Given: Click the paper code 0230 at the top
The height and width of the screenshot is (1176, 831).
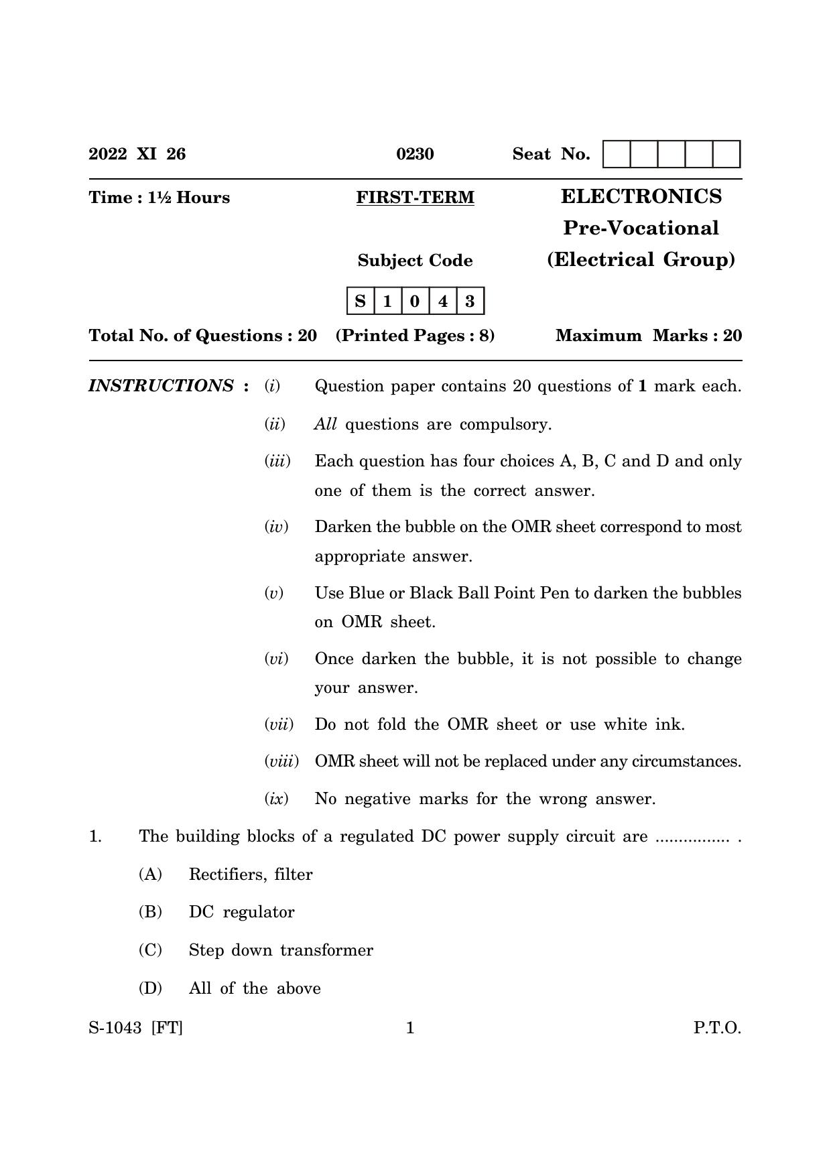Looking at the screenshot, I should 415,154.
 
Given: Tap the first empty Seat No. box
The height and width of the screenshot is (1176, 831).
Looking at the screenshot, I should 617,154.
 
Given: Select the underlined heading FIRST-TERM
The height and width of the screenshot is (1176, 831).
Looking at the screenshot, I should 415,198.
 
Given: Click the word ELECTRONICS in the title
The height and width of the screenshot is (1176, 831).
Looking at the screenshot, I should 641,196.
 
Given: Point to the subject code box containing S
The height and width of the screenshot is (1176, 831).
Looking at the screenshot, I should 361,301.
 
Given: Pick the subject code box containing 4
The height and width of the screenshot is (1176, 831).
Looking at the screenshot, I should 442,301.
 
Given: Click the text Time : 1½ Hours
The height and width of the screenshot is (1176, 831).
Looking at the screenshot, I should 159,198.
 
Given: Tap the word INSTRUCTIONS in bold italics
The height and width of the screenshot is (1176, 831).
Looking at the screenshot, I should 162,386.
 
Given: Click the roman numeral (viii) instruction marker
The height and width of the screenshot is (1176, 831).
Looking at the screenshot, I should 281,761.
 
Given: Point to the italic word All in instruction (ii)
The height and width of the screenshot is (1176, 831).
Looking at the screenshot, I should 325,424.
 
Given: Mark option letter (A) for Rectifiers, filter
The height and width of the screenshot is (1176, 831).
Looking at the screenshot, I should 150,874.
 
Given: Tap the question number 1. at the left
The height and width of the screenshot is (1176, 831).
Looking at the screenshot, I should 95,836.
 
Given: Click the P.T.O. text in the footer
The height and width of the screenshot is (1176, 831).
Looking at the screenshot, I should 717,1028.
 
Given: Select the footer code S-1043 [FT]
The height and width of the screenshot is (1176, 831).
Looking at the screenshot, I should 135,1028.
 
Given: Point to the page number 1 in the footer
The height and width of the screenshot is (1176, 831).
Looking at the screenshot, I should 410,1028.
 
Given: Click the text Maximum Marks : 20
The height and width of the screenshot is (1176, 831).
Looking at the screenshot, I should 649,336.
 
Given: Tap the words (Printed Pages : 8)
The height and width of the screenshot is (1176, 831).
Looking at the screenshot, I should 415,336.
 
